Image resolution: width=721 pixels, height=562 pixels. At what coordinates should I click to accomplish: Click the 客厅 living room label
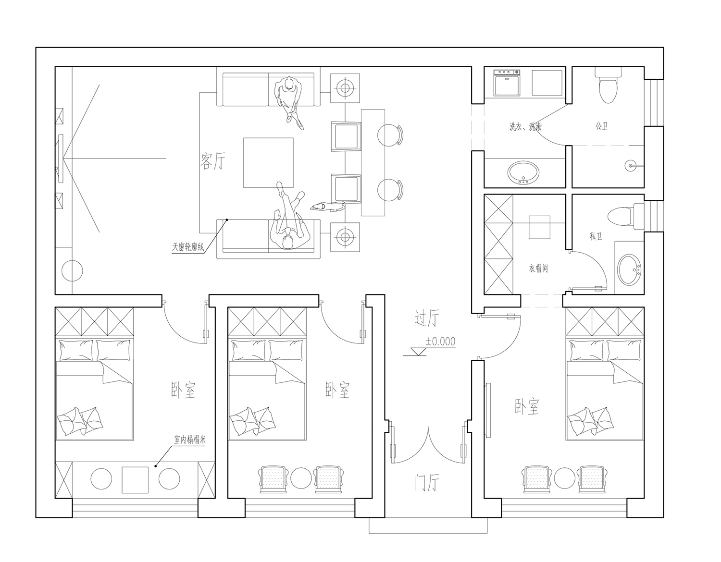coord(212,161)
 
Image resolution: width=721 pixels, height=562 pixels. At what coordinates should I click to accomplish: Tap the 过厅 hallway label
coord(427,318)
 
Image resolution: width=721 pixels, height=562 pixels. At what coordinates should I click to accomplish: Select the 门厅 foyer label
coord(427,482)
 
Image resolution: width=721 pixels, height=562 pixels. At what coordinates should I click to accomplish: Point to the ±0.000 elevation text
coord(440,342)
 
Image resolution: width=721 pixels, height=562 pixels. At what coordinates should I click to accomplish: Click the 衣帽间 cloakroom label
coord(538,268)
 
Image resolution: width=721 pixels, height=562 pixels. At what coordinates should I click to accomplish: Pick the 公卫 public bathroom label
coord(601,126)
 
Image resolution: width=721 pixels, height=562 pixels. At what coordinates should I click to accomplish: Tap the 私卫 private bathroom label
coord(596,236)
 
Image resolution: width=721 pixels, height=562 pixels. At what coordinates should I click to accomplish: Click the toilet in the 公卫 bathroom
coord(608,85)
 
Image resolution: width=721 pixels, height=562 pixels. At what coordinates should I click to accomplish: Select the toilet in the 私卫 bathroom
coord(626,216)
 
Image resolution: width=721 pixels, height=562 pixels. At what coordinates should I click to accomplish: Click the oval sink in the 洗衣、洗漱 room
coord(523,172)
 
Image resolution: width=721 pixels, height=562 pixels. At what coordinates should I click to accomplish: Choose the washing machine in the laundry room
coord(507,83)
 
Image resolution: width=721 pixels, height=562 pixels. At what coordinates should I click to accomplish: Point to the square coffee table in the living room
coord(268,163)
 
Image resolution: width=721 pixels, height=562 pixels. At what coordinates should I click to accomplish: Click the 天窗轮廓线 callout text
coord(188,247)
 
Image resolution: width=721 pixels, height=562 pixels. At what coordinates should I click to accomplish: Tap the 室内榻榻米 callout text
coord(190,440)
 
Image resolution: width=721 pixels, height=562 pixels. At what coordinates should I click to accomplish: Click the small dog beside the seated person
coord(327,207)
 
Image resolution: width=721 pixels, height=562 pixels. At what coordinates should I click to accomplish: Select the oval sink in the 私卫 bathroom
coord(629,269)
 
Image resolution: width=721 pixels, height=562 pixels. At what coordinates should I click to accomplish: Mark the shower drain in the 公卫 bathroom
coord(631,165)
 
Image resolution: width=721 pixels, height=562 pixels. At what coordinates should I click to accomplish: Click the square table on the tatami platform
coord(135,480)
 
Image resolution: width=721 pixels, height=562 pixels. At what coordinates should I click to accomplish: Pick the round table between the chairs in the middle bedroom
coord(301,478)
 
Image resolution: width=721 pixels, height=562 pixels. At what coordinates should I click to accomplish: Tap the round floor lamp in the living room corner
coord(72,271)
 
